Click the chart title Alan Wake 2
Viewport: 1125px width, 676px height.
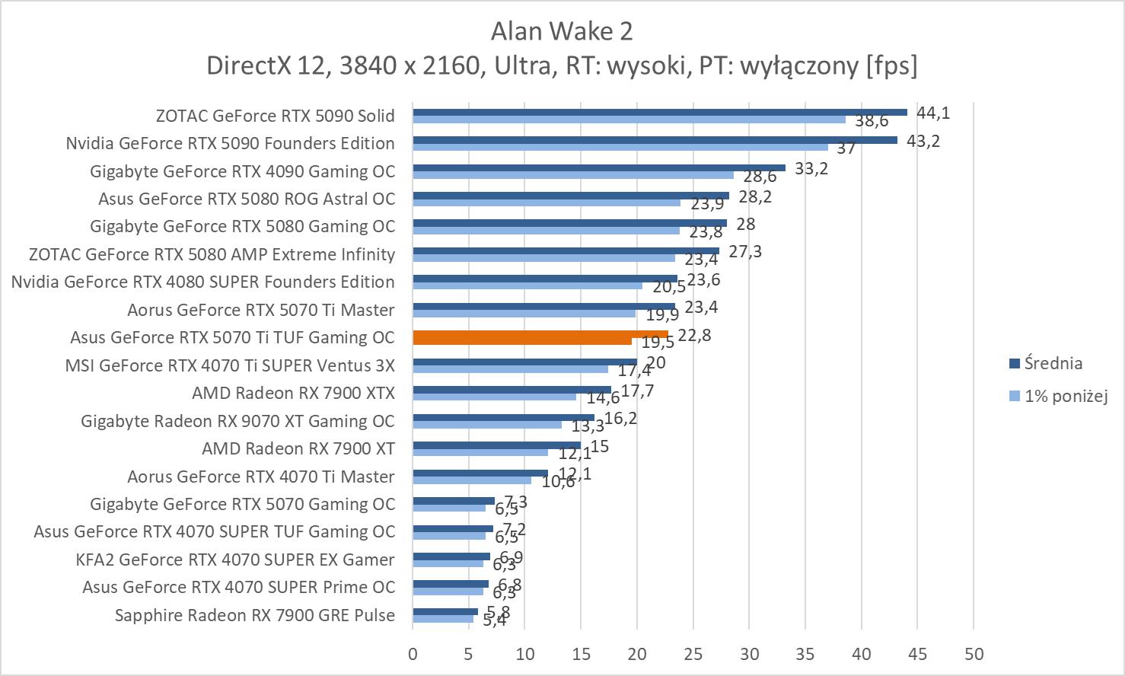562,31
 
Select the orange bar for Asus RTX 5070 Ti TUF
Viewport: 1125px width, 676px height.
540,334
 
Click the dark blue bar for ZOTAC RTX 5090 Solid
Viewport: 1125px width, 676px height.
659,112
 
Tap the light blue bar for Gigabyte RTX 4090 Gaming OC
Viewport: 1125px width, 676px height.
572,175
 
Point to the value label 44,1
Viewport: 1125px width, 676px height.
932,113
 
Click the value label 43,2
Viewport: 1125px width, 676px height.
923,141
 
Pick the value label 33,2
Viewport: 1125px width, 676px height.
811,169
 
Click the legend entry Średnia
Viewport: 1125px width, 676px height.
1053,364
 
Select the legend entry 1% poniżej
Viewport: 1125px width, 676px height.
1065,396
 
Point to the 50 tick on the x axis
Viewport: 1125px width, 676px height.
974,654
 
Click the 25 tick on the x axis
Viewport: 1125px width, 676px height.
693,654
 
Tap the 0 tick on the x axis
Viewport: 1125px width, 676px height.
413,654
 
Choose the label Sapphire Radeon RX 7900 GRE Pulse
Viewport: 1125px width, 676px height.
254,615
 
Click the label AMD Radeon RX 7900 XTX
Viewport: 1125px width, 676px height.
293,393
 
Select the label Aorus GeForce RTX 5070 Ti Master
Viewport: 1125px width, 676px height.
260,310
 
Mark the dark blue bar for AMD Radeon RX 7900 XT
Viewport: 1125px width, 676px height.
496,445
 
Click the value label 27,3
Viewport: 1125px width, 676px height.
744,252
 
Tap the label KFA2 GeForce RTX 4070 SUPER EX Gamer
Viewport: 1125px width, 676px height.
235,560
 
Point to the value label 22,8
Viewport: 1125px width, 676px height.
694,335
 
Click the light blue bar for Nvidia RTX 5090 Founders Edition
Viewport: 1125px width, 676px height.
620,147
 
